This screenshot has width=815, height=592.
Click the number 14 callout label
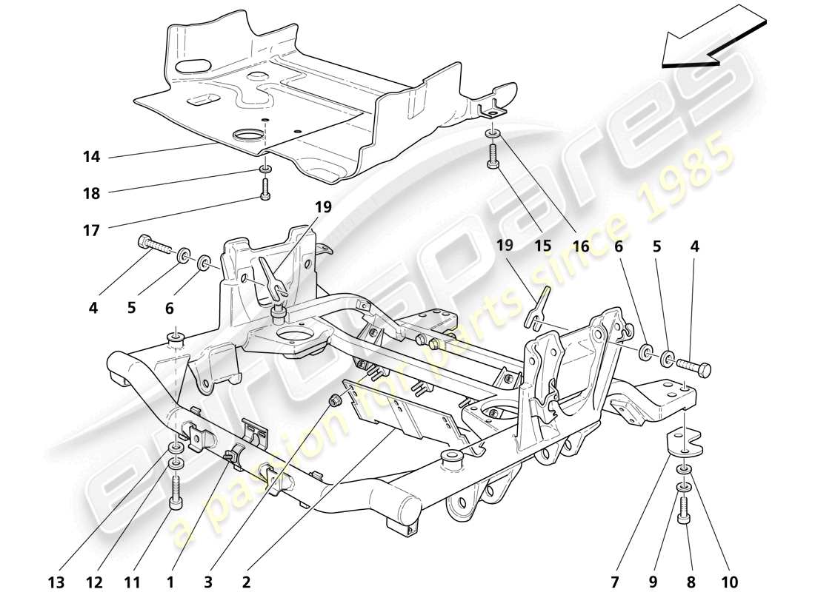tap(92, 157)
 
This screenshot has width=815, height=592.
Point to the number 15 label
tap(543, 247)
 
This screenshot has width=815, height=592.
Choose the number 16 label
tap(580, 247)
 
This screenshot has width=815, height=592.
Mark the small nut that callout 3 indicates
tap(334, 400)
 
